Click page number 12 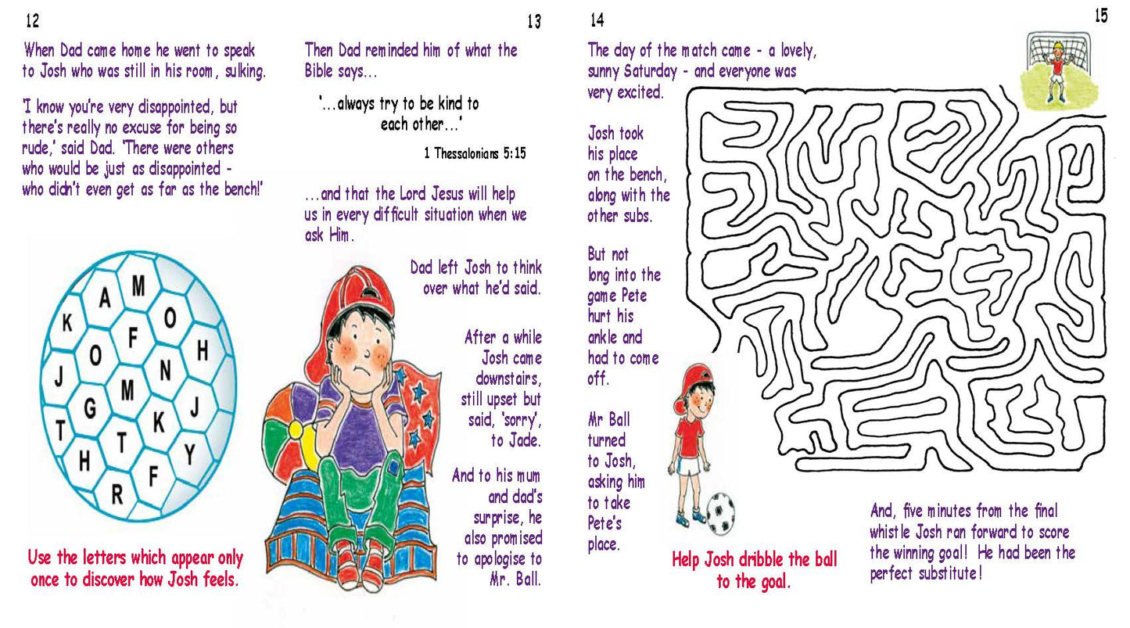pyautogui.click(x=32, y=20)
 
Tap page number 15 pyautogui.click(x=1101, y=16)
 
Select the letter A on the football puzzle pyautogui.click(x=105, y=298)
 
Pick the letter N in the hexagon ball pyautogui.click(x=165, y=370)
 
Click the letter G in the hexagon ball pyautogui.click(x=90, y=408)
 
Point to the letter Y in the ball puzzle pyautogui.click(x=189, y=454)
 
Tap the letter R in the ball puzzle pyautogui.click(x=117, y=495)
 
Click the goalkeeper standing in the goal pyautogui.click(x=1056, y=71)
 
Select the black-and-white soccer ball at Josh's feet pyautogui.click(x=720, y=514)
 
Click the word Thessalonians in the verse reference pyautogui.click(x=466, y=153)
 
